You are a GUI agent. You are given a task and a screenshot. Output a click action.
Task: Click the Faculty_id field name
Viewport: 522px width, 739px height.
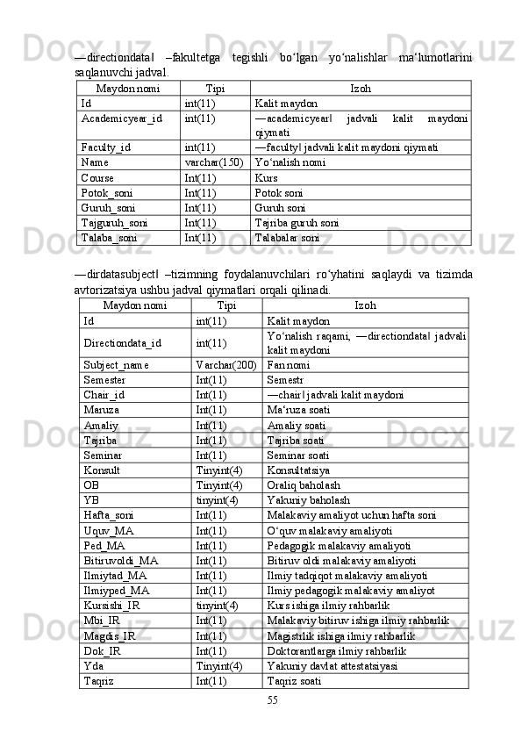[x=105, y=147]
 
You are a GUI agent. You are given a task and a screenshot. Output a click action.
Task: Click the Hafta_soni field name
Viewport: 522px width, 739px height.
[x=109, y=515]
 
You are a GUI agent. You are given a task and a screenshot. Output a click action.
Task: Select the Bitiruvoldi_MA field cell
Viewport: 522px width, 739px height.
[x=121, y=560]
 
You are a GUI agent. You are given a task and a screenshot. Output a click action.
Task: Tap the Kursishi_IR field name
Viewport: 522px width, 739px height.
[x=111, y=605]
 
